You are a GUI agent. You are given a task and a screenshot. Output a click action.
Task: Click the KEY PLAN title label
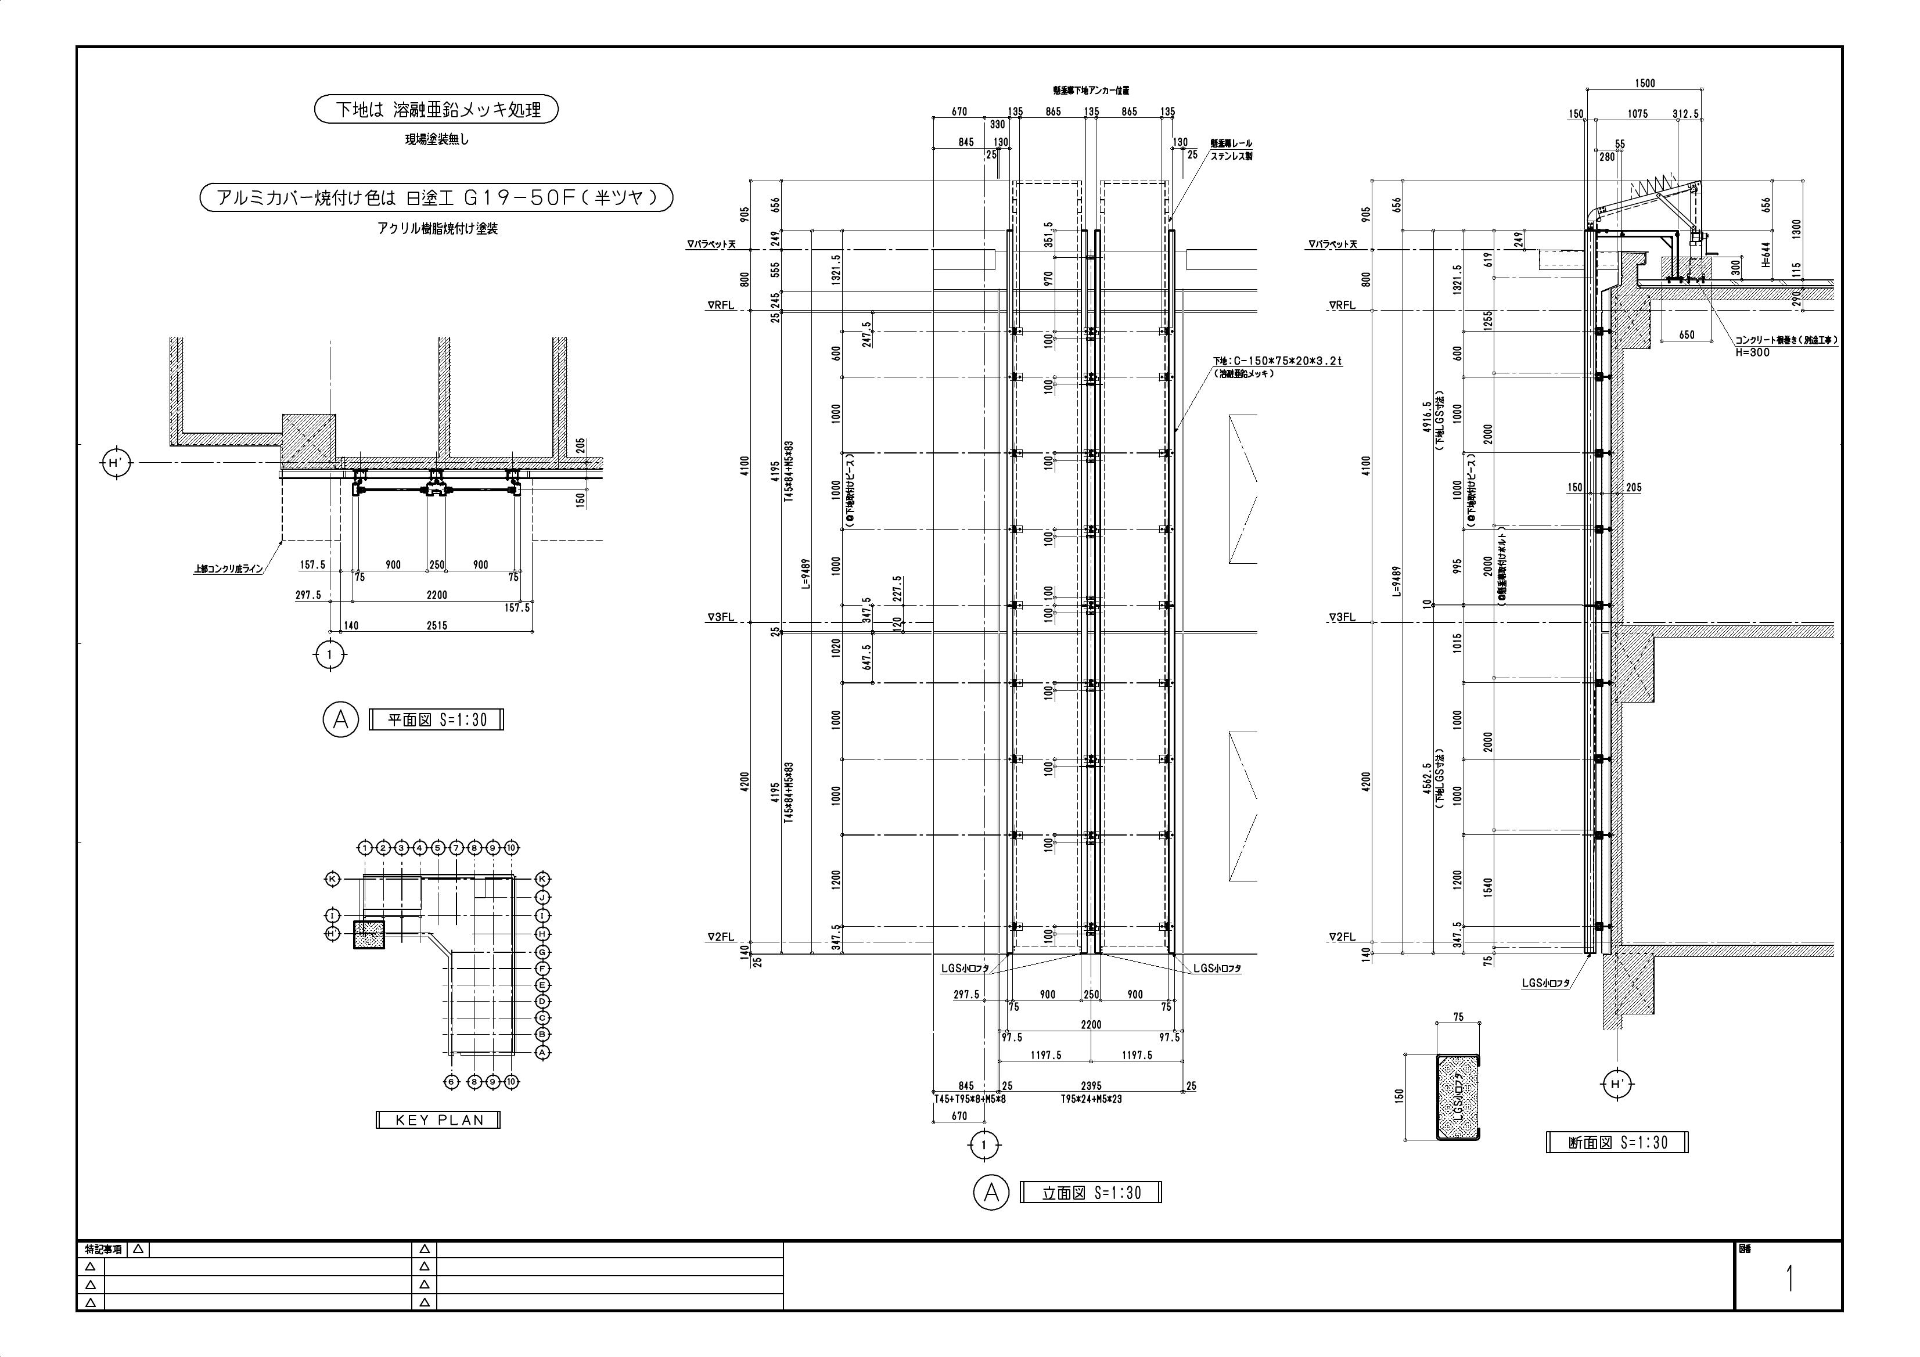click(438, 1120)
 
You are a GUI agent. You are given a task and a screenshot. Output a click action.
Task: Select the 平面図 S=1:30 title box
click(437, 719)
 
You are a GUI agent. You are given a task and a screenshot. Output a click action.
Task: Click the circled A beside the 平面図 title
click(340, 719)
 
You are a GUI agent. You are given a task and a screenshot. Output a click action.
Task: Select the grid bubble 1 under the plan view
click(329, 654)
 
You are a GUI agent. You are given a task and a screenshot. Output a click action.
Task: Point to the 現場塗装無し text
click(437, 139)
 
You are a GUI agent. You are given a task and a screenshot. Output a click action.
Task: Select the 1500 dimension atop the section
click(1644, 83)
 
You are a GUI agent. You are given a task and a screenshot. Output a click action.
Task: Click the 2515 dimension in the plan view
click(437, 625)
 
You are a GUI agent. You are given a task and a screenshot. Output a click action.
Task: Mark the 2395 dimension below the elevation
click(1091, 1085)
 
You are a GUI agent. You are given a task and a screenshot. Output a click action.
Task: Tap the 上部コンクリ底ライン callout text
click(228, 568)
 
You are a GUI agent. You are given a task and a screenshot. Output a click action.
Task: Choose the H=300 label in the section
click(1753, 352)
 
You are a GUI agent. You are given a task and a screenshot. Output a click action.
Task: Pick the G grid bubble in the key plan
click(542, 952)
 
